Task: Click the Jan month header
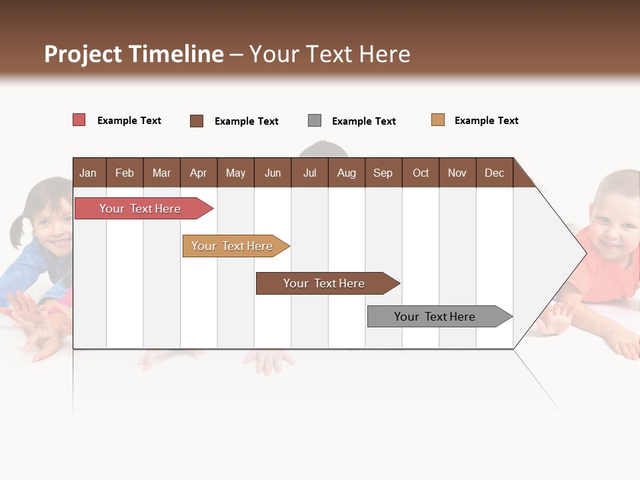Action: click(x=88, y=173)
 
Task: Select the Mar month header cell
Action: click(x=161, y=173)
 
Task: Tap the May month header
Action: click(x=235, y=173)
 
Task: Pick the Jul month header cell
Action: click(x=309, y=173)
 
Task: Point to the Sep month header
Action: click(x=383, y=173)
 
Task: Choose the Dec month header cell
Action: click(x=494, y=173)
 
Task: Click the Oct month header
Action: click(x=421, y=173)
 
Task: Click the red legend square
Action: click(x=79, y=120)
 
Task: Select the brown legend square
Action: click(x=197, y=121)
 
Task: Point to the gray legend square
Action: click(x=315, y=121)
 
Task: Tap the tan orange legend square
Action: click(x=437, y=120)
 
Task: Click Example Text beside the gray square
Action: click(x=363, y=121)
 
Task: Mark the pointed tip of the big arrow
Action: click(x=585, y=253)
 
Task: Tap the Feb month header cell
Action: click(x=125, y=173)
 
